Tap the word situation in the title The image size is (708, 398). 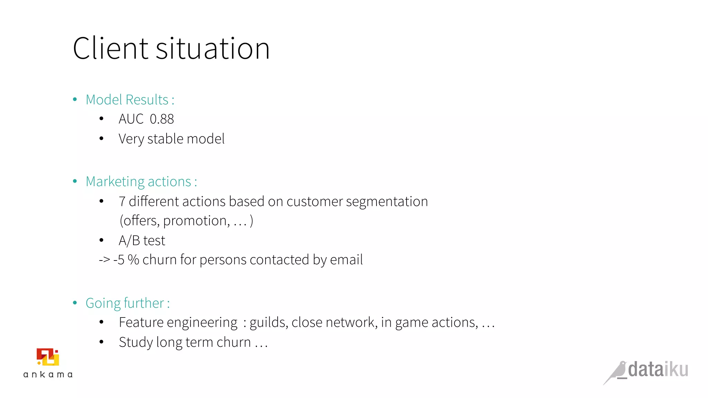click(x=213, y=49)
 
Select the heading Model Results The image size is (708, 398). click(x=130, y=100)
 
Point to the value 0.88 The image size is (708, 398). click(x=162, y=119)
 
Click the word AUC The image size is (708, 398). click(x=131, y=119)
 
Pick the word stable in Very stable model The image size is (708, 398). click(x=165, y=139)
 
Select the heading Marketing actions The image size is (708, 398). click(x=141, y=182)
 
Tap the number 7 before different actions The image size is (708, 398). click(x=122, y=201)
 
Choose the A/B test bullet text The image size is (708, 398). click(x=142, y=240)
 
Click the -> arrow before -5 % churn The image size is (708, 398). click(x=104, y=260)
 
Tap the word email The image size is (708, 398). click(x=346, y=260)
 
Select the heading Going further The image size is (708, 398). click(x=128, y=303)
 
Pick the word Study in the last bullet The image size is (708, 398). click(x=136, y=342)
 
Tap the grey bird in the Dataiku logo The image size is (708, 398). click(x=616, y=372)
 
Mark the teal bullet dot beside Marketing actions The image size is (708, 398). click(x=75, y=181)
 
